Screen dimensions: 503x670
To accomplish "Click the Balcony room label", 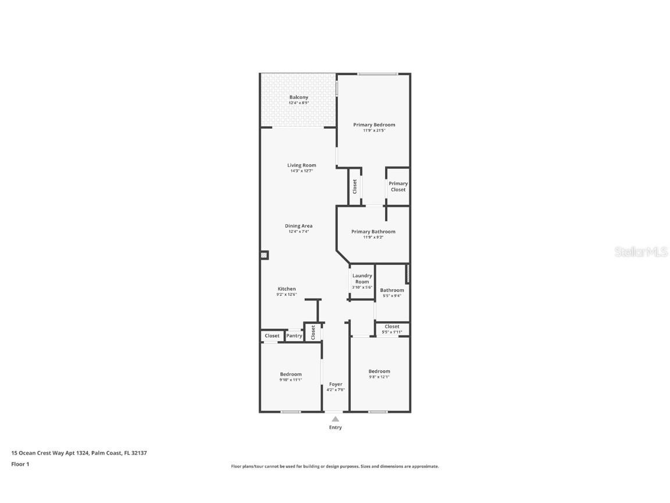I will coord(299,97).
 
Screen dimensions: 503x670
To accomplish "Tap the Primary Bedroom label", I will coord(374,125).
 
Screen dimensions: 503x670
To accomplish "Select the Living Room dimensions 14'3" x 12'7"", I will coord(301,171).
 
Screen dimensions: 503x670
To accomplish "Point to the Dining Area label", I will coord(298,226).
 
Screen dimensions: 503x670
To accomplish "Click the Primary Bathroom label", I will coord(373,232).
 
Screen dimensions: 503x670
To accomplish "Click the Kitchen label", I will coord(286,289).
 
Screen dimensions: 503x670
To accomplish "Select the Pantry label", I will coord(294,336).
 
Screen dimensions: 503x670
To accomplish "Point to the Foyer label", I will coord(336,384).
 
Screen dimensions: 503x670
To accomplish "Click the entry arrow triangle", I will coord(335,419).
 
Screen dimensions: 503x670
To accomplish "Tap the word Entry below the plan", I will coord(336,427).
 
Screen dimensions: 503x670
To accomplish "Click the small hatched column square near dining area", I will coord(264,255).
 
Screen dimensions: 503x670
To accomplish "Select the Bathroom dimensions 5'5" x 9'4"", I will coord(392,296).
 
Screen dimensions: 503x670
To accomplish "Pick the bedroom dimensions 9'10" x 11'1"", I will coord(290,380).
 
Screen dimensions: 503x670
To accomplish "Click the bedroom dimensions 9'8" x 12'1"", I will coord(379,377).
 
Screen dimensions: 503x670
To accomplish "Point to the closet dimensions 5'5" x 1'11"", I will coord(392,332).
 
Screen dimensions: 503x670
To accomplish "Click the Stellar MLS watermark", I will coord(642,251).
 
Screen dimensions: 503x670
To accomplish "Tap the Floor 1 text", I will coord(20,464).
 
